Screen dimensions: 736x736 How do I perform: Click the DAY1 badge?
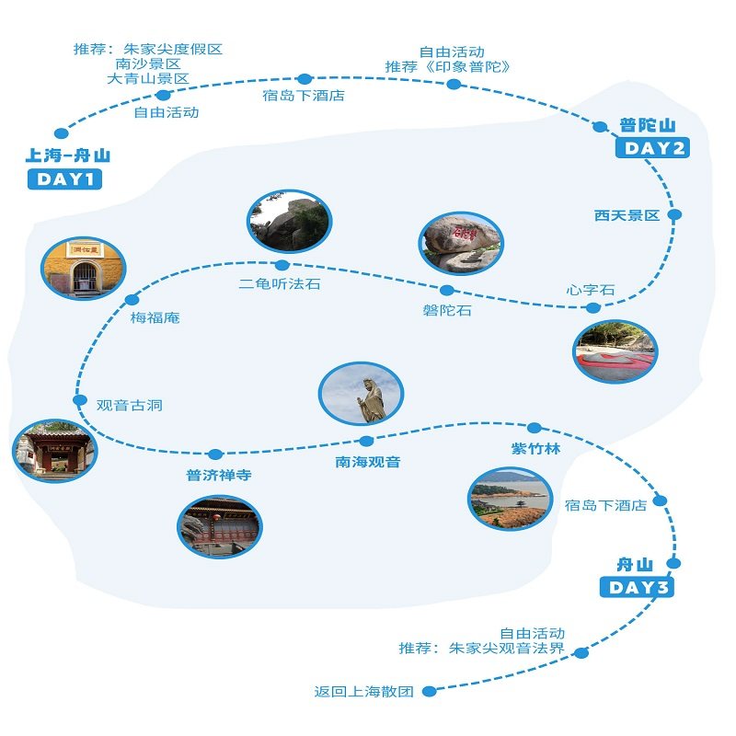pyautogui.click(x=64, y=179)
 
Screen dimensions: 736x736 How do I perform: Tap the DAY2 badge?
pyautogui.click(x=652, y=148)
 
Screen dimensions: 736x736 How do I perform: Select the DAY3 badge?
pyautogui.click(x=637, y=587)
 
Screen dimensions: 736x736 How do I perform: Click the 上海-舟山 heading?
pyautogui.click(x=67, y=155)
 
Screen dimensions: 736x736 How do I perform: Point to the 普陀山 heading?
pyautogui.click(x=648, y=125)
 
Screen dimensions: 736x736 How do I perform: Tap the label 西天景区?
pyautogui.click(x=627, y=215)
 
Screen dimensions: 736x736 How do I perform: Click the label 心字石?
pyautogui.click(x=590, y=290)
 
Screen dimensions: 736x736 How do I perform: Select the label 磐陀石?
pyautogui.click(x=447, y=310)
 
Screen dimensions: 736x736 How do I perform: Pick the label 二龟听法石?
pyautogui.click(x=280, y=283)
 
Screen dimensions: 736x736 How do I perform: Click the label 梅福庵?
pyautogui.click(x=155, y=317)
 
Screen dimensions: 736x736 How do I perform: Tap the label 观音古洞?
pyautogui.click(x=130, y=405)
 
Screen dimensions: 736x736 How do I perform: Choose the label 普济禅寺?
pyautogui.click(x=219, y=475)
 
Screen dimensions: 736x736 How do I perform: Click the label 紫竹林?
pyautogui.click(x=535, y=449)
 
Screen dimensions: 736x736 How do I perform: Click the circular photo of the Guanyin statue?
pyautogui.click(x=361, y=394)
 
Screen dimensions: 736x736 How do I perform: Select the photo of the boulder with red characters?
pyautogui.click(x=461, y=243)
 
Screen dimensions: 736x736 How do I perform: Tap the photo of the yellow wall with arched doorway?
pyautogui.click(x=84, y=268)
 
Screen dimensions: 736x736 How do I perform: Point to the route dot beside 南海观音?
pyautogui.click(x=366, y=441)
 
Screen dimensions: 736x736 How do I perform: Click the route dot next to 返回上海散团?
pyautogui.click(x=429, y=691)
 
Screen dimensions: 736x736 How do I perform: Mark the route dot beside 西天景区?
pyautogui.click(x=674, y=214)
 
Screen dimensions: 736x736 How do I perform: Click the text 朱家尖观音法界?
pyautogui.click(x=507, y=649)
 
